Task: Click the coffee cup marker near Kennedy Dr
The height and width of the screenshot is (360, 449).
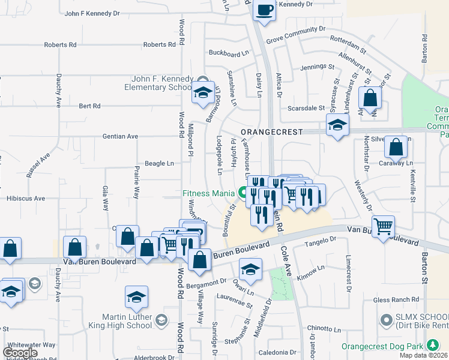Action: (264, 10)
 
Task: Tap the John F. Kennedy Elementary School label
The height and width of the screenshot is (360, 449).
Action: (163, 83)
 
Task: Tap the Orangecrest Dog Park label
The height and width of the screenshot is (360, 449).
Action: (382, 346)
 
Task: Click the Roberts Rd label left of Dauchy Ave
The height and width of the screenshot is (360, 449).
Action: (60, 45)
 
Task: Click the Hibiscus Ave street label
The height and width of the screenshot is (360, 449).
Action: (25, 198)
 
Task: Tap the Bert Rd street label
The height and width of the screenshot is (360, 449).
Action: (89, 106)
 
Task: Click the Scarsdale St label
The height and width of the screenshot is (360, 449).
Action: (306, 109)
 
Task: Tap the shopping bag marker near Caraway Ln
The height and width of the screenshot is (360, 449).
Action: (396, 147)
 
